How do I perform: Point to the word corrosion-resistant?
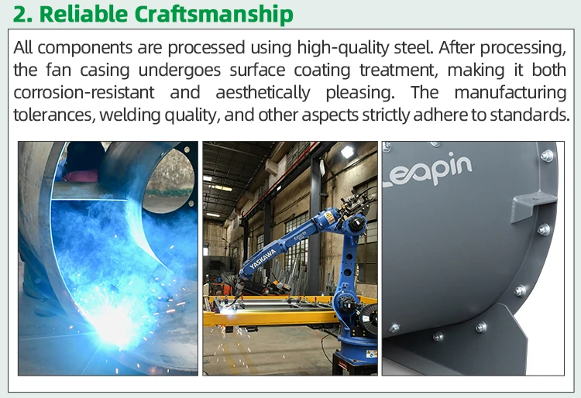point(84,93)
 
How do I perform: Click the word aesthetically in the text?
point(263,93)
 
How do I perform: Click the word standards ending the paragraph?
point(530,115)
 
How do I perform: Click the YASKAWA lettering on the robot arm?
point(263,259)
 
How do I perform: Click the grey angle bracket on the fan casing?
point(532,208)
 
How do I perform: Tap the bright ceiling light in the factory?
point(347,151)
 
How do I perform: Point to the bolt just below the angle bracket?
point(544,230)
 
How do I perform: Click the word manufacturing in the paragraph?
point(511,93)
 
